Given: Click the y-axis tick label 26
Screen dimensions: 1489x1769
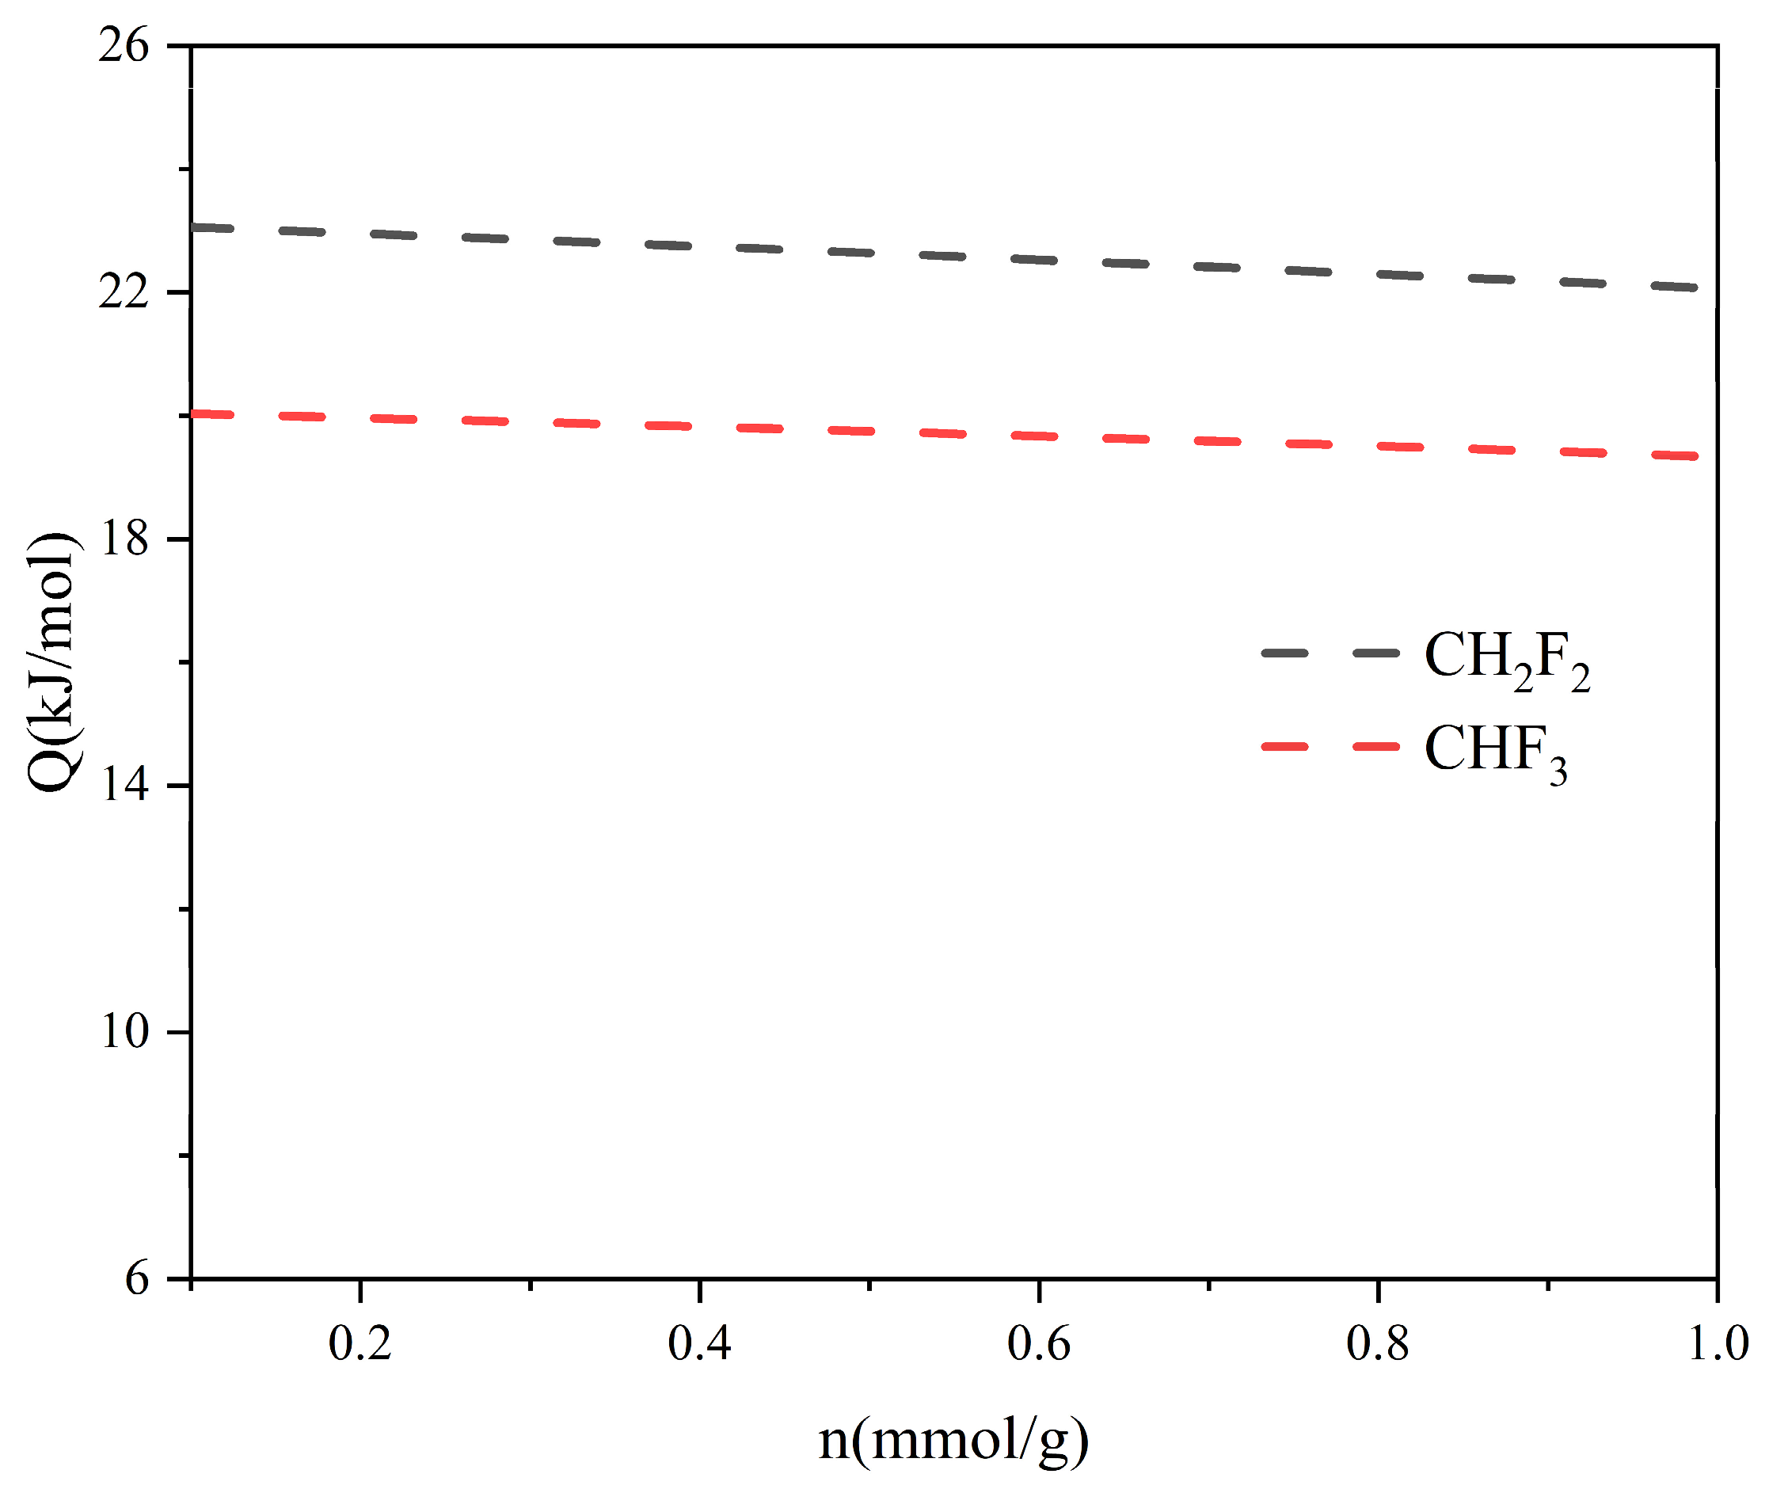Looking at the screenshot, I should tap(124, 46).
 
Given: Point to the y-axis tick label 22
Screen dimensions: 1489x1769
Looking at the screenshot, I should tap(124, 292).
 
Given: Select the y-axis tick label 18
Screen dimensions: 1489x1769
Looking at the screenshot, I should tap(124, 539).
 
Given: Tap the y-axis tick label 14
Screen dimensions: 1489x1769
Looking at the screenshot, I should tap(124, 785).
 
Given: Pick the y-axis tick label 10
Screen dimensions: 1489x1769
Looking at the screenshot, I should tap(124, 1031).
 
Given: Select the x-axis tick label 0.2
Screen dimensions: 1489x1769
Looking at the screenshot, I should tap(360, 1343).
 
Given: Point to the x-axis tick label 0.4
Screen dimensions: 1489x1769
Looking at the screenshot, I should tap(700, 1343).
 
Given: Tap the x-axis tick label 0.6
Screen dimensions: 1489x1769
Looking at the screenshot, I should tap(1039, 1343).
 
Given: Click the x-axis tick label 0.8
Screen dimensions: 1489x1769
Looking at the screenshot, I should tap(1379, 1343).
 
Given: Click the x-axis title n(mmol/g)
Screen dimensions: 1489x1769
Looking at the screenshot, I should tap(953, 1439).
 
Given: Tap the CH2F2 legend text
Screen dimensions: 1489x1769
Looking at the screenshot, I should tap(1508, 659).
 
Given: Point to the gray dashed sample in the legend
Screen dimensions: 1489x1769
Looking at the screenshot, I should tap(1330, 653).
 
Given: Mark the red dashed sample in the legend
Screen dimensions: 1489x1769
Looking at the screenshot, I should tap(1330, 746).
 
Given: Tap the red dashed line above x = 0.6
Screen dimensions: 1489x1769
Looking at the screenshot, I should tap(1039, 436).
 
